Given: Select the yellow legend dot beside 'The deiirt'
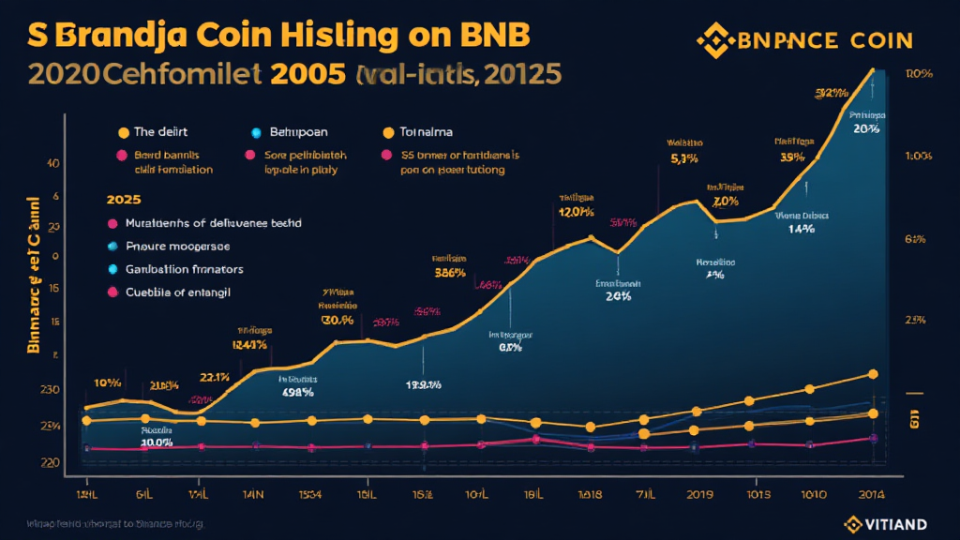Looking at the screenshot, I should (122, 132).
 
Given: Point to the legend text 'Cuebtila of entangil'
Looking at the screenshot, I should (177, 292).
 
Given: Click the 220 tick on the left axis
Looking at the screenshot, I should (50, 462).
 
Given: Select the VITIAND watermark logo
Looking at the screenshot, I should (886, 523).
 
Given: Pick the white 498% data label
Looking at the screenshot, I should (299, 392).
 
